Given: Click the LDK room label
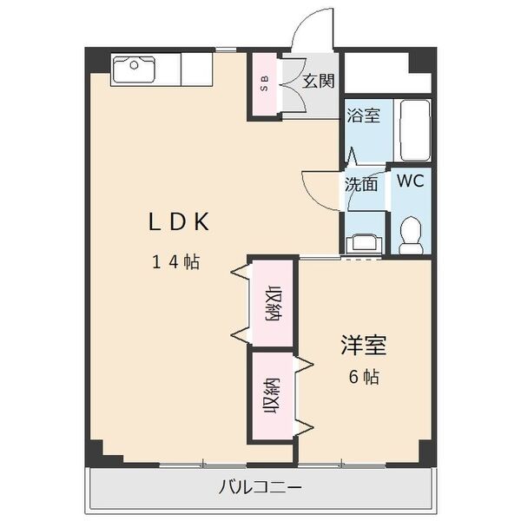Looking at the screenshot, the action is (x=179, y=221).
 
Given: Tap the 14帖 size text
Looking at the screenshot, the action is (x=175, y=261).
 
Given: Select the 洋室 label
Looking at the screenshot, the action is (x=364, y=346).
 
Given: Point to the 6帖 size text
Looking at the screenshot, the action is (x=364, y=377).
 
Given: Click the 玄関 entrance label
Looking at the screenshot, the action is (x=318, y=81).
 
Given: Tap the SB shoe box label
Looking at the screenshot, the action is (x=265, y=83).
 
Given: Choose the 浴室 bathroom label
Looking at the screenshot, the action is (x=363, y=115).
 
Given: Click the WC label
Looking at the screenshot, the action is (x=411, y=181).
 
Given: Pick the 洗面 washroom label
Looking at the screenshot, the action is (x=361, y=184).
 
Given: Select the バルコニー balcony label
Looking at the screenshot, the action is (x=260, y=487).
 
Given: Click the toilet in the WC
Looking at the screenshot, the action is (x=411, y=235).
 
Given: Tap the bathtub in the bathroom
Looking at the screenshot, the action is (x=415, y=131).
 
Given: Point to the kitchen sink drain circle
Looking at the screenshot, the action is (x=135, y=65).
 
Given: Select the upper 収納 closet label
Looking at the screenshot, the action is (x=274, y=303).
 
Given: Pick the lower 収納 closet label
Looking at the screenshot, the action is (x=272, y=396).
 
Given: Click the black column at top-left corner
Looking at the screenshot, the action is (x=97, y=60).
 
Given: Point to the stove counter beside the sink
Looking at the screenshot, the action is (x=197, y=69).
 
